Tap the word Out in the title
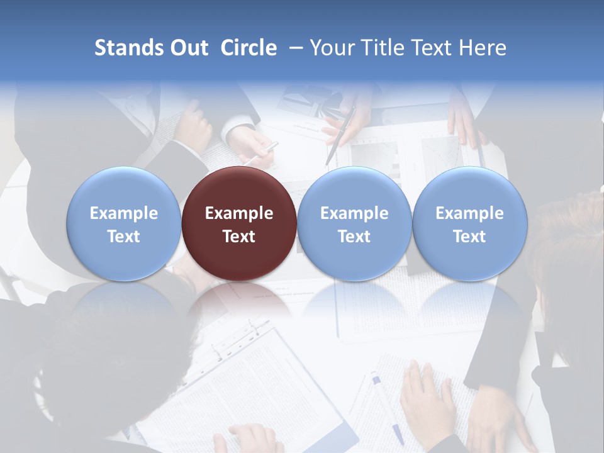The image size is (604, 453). click(189, 48)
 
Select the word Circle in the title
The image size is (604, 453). click(249, 48)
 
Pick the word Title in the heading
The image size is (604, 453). click(380, 48)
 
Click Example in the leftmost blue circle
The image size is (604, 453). click(124, 213)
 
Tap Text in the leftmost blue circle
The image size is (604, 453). click(124, 237)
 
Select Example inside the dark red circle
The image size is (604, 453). click(239, 213)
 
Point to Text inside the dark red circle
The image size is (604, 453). click(239, 237)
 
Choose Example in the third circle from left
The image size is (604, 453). click(354, 213)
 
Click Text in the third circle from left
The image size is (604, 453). click(354, 237)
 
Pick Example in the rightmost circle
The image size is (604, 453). click(469, 213)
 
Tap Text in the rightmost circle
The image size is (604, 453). click(469, 237)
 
